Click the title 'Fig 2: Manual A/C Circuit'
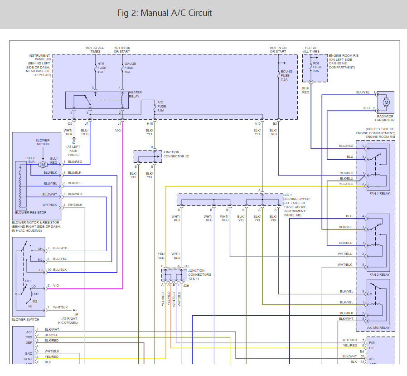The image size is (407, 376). pos(164,13)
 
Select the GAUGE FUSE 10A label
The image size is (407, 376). pos(130,68)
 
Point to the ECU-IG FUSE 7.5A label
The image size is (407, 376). pos(284,76)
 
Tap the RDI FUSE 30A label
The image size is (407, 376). pos(318,67)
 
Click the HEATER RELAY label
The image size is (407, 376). pos(135,94)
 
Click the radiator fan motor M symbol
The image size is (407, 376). pos(387,102)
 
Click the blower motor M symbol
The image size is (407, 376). pos(43,164)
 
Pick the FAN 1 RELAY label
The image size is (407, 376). pos(379,193)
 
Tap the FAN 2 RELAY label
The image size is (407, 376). pos(379,274)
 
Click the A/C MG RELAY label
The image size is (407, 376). pos(378,327)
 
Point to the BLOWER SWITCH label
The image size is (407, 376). pos(25,319)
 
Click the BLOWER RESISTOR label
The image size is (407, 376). pos(31,212)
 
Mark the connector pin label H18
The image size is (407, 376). pos(150,123)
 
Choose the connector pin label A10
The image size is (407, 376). pos(257,123)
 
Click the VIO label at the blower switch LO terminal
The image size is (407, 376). pos(56,286)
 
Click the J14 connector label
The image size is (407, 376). pos(186,284)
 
